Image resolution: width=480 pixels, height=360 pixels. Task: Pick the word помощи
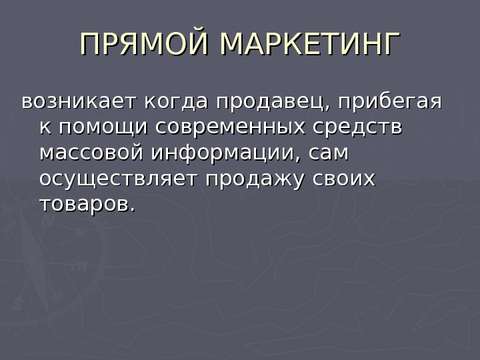coord(95,128)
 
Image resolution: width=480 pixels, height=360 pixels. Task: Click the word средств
coord(363,128)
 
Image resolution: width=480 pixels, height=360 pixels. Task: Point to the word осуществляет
coord(120,179)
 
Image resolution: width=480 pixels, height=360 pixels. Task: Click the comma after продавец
coord(329,109)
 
